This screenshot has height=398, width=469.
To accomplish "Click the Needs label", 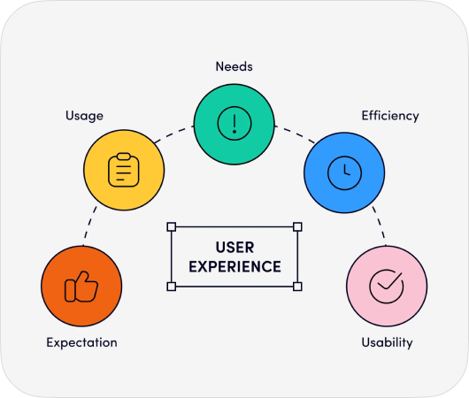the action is [234, 66].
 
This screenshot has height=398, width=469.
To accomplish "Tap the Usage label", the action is [85, 116].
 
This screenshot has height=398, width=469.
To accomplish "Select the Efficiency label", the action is [390, 116].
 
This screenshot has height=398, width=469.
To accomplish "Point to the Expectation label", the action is [81, 342].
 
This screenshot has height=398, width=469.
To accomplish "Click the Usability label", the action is [387, 342].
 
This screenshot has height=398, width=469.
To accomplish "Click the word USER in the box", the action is [234, 248].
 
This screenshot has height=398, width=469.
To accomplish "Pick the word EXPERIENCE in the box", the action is [234, 267].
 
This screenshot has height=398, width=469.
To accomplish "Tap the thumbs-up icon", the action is [81, 287].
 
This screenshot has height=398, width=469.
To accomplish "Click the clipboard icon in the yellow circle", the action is [124, 170].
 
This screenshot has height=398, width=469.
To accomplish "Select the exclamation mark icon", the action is [234, 123].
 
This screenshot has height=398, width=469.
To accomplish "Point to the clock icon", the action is [344, 172].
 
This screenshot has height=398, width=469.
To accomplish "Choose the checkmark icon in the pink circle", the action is [387, 287].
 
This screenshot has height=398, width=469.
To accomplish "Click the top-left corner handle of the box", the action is [172, 226].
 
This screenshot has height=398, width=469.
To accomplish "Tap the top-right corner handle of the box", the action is [297, 226].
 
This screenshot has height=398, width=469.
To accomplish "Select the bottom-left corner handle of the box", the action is [172, 287].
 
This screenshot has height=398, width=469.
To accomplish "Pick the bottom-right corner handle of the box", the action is [297, 287].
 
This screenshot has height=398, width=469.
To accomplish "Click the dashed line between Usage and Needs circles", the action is [173, 134].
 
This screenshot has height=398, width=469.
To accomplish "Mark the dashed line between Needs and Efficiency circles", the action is [295, 134].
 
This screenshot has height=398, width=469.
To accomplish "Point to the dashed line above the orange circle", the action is [89, 226].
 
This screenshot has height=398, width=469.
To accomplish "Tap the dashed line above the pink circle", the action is [380, 226].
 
